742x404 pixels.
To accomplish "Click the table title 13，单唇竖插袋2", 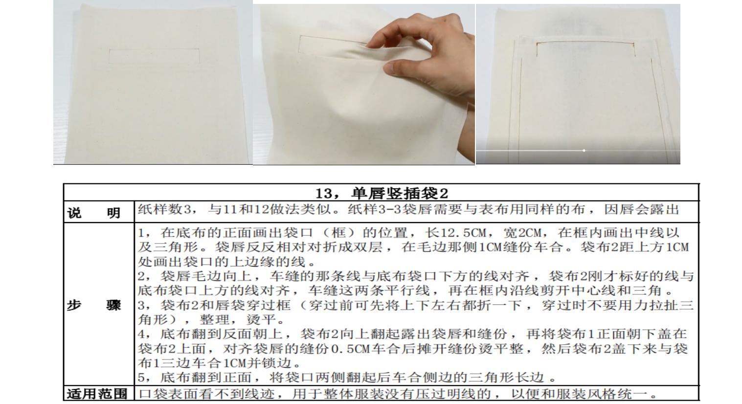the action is pos(382,193).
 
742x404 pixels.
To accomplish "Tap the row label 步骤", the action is pos(94,305).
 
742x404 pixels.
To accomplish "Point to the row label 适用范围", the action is pos(97,394).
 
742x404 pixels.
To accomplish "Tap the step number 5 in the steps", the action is pos(141,378).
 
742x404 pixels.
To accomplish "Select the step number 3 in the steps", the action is pos(141,305).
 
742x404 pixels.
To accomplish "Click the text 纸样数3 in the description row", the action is pos(164,209).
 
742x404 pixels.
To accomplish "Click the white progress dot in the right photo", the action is pos(584,151).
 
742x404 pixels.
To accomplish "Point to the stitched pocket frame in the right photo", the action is pos(585,43).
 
